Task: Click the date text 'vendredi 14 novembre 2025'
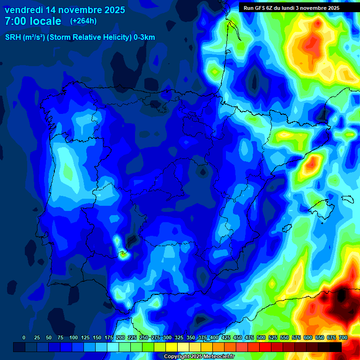pos(65,10)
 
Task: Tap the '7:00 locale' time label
pos(33,21)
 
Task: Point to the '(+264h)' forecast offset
pos(83,21)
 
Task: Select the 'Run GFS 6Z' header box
pos(292,8)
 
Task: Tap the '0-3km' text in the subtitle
pos(144,37)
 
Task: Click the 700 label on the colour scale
pos(343,337)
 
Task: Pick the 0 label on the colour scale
pos(24,337)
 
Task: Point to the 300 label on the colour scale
pos(167,337)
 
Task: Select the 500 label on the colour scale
pos(261,337)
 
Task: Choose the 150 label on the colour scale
pos(97,337)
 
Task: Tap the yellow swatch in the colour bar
pos(172,347)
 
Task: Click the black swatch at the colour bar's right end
pos(335,347)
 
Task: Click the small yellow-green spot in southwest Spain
pos(123,255)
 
